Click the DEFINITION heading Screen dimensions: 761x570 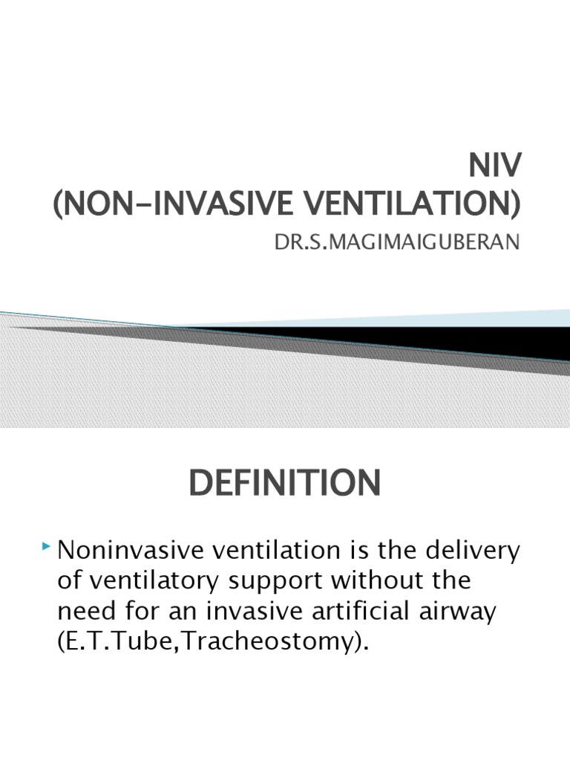285,484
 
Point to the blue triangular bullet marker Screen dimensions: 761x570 48,548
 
